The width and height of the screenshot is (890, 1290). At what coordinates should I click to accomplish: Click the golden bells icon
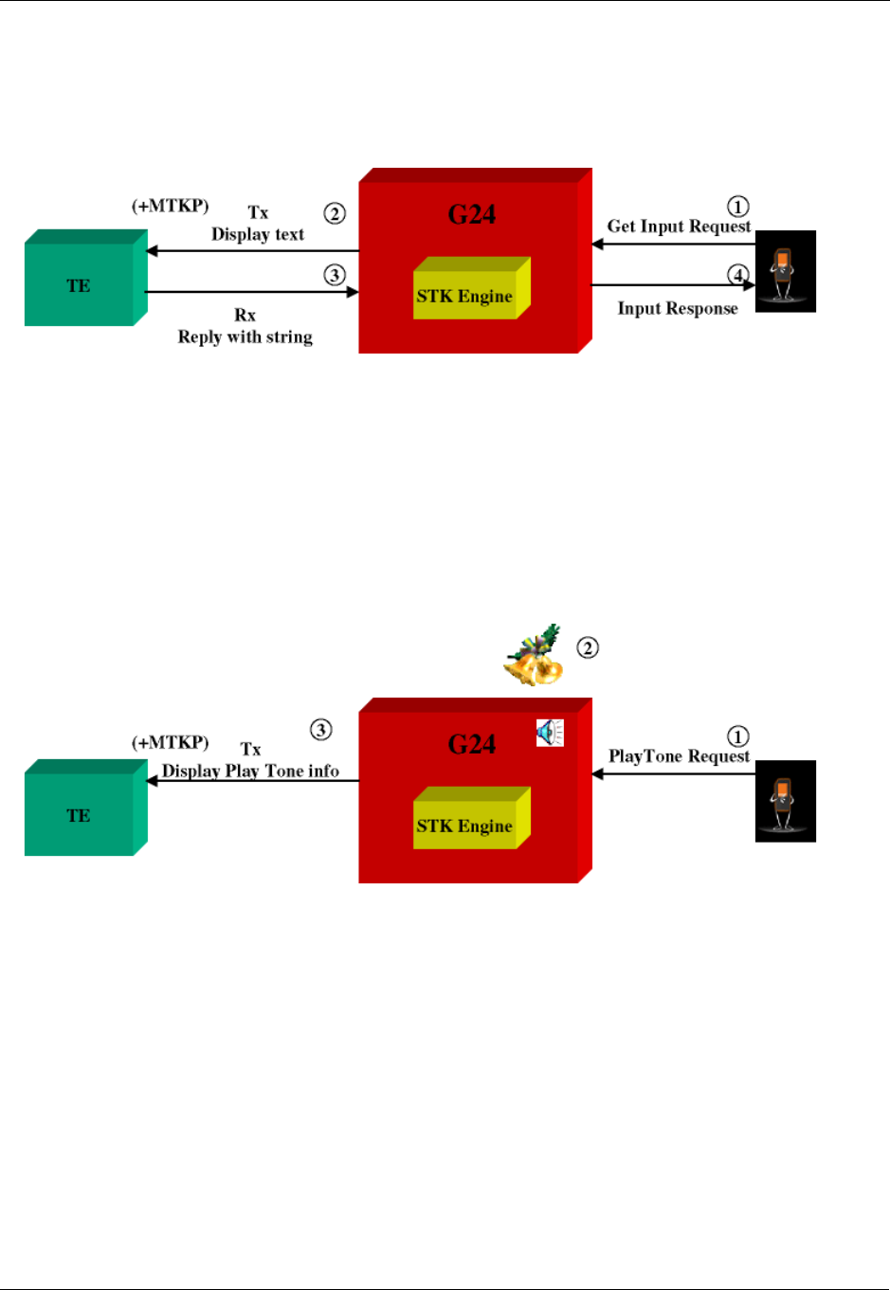pos(534,656)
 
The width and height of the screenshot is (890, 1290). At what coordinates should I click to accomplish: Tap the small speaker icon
pos(550,733)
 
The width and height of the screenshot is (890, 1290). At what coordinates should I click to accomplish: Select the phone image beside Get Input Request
pos(785,272)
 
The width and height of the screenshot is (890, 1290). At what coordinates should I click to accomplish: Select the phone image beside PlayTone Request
pos(785,801)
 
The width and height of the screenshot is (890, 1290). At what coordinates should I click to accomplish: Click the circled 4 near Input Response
pos(737,275)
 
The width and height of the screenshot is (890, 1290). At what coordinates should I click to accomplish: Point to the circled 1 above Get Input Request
pos(737,207)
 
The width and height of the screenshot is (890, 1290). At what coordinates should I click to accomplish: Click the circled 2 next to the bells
pos(588,648)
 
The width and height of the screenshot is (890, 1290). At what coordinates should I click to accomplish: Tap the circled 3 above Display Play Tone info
pos(321,730)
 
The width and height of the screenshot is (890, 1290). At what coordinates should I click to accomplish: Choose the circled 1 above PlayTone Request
pos(737,736)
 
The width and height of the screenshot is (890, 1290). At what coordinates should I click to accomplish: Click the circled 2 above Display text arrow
pos(335,213)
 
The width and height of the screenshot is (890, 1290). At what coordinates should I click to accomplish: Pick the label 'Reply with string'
pos(245,337)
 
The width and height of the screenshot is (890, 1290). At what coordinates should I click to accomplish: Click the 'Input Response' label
pos(678,309)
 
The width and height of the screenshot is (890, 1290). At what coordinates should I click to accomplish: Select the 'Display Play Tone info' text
pos(250,772)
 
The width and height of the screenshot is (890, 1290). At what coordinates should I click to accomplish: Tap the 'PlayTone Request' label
pos(679,756)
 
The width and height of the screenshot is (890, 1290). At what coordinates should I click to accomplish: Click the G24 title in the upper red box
pos(472,215)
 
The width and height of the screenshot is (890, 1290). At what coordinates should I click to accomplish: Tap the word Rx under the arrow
pos(245,316)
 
